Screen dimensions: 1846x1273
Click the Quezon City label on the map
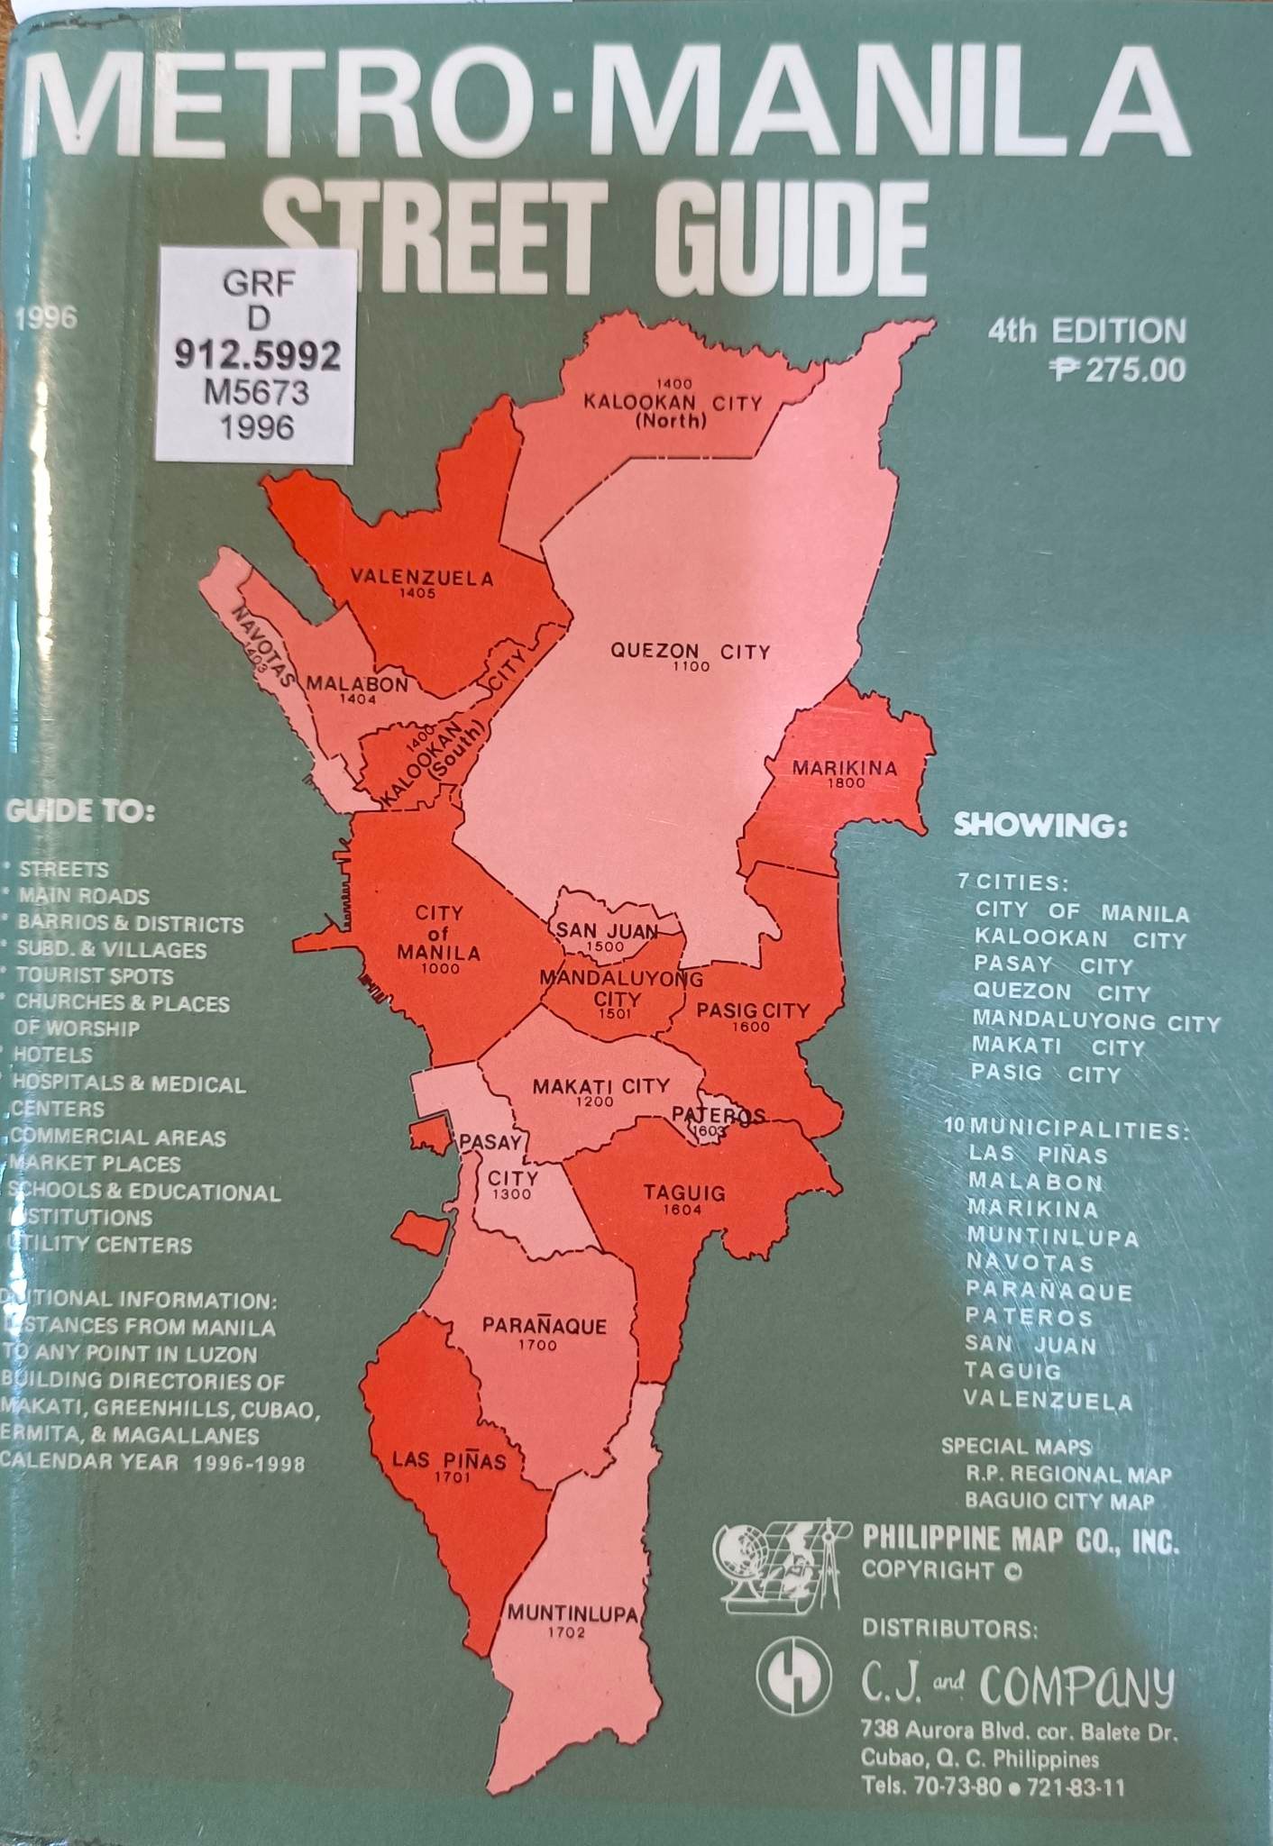[691, 651]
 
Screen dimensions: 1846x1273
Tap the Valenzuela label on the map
[422, 579]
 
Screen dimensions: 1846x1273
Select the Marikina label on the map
[845, 769]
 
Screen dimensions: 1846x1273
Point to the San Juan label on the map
[605, 931]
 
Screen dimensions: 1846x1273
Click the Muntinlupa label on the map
[572, 1613]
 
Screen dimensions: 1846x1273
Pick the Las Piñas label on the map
[449, 1459]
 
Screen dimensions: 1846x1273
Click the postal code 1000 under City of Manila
[440, 969]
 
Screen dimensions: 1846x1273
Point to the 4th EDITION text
[1086, 331]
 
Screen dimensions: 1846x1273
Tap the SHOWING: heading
[1040, 826]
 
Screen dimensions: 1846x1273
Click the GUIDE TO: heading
[79, 811]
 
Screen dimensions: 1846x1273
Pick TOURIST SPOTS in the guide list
[95, 976]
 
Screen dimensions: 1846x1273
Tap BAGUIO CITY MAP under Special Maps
[1059, 1501]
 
